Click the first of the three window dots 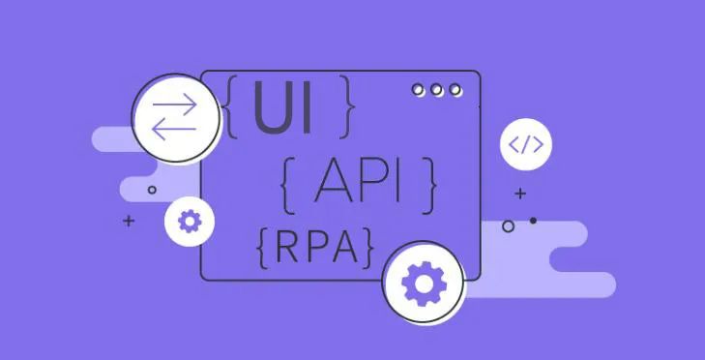[x=419, y=90]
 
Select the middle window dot [x=437, y=90]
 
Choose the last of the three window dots [x=455, y=90]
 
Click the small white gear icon [x=189, y=222]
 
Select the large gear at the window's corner [x=422, y=284]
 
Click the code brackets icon [x=526, y=146]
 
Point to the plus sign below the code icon [x=520, y=194]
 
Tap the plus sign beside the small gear [x=129, y=222]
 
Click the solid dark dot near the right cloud [x=533, y=221]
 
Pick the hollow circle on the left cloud [x=152, y=191]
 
